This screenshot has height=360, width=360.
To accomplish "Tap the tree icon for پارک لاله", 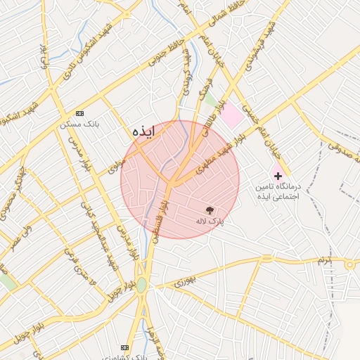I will tap(209, 210).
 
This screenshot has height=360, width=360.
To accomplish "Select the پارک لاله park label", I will tap(209, 221).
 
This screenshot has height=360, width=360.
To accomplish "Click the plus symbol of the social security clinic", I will tap(278, 175).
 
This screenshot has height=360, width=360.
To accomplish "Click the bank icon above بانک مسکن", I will tap(79, 113).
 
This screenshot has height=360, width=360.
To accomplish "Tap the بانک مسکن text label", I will tap(79, 124).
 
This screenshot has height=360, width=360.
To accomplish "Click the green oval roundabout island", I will tap(142, 285).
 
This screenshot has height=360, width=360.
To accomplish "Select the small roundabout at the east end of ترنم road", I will tap(349, 264).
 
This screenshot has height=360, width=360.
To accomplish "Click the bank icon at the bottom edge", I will tap(125, 347).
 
